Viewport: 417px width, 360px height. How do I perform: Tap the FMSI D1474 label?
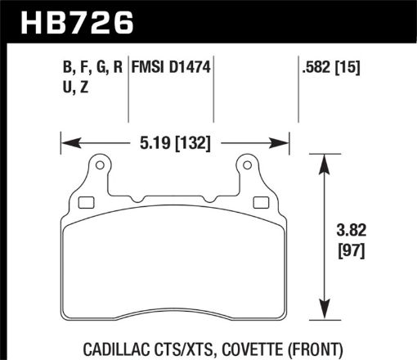173,70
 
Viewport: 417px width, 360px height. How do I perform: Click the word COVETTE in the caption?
250,347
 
